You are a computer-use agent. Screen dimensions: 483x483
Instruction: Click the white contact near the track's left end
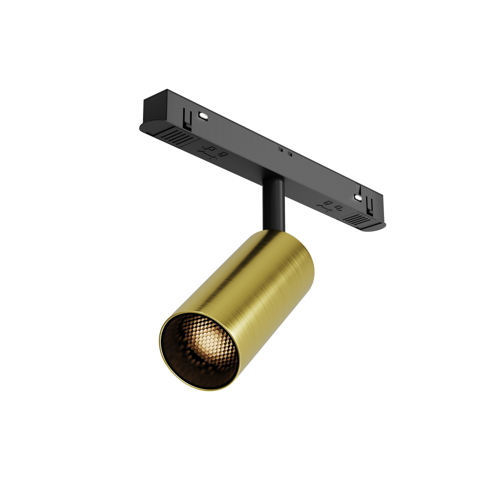pos(203,116)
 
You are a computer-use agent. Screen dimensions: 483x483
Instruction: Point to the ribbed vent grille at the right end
pos(357,220)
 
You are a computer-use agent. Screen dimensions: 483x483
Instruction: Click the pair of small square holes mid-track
pos(285,153)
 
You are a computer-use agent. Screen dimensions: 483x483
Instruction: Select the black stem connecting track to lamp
pos(273,203)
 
